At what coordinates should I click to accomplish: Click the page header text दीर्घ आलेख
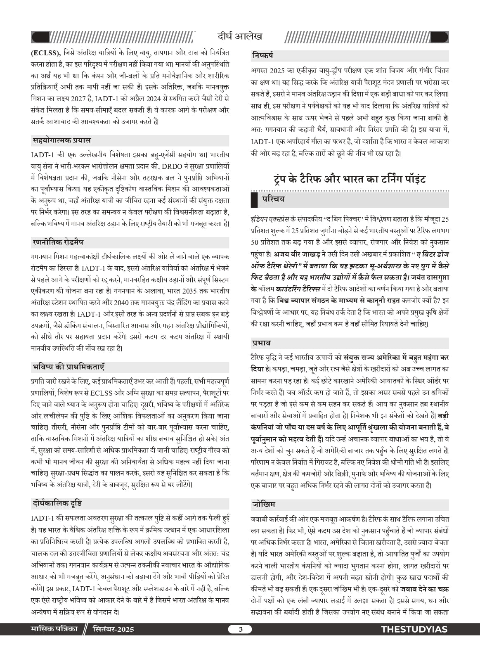[x=240, y=36]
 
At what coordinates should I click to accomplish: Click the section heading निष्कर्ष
[x=262, y=55]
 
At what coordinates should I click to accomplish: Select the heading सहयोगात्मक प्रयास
[x=61, y=140]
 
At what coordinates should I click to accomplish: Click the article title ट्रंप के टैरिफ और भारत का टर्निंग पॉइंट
[x=350, y=179]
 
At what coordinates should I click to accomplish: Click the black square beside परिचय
[x=254, y=200]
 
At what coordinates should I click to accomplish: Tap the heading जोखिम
[x=263, y=504]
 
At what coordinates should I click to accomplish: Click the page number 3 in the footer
[x=240, y=629]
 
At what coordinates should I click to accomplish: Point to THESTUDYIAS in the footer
[x=414, y=629]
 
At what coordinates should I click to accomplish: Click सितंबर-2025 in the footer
[x=113, y=629]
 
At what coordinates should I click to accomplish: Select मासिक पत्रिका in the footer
[x=54, y=629]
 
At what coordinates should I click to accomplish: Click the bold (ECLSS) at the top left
[x=46, y=53]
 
